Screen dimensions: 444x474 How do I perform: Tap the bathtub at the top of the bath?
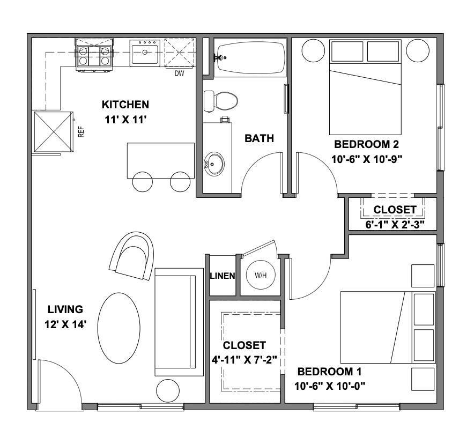250,58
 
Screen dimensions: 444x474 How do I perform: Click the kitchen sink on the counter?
145,53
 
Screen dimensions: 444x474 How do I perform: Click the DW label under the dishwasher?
180,73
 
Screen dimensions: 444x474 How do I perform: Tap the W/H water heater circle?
260,275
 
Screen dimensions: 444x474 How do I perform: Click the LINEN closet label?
222,276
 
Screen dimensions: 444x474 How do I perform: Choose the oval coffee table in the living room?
119,329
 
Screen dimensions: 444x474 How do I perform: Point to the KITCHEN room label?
125,104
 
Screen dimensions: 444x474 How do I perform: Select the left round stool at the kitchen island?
142,182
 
